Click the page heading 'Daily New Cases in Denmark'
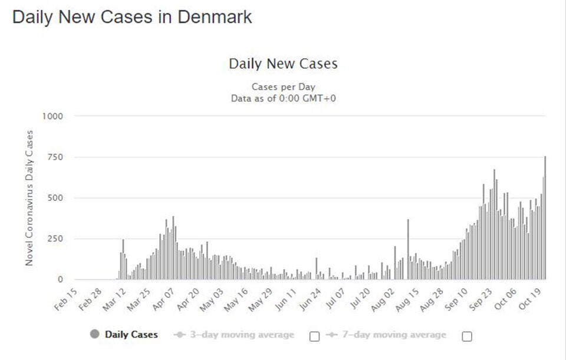(x=132, y=17)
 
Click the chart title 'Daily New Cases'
(x=283, y=64)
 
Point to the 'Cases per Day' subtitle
(x=283, y=87)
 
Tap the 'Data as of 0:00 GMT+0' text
(x=283, y=98)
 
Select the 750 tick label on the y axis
(x=55, y=157)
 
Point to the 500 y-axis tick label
(x=55, y=197)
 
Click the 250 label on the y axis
(x=55, y=239)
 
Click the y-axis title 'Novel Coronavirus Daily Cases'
(x=29, y=197)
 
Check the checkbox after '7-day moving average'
(x=467, y=336)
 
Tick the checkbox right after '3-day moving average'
(x=314, y=336)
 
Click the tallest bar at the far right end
(x=545, y=218)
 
